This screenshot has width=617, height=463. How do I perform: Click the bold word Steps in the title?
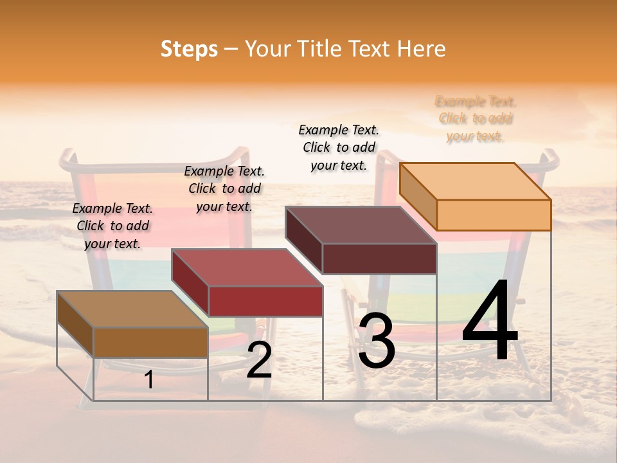tap(189, 49)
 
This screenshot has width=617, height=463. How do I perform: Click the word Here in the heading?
tap(422, 49)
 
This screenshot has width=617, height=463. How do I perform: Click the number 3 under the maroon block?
tap(376, 342)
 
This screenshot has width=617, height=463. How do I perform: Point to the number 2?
tap(259, 361)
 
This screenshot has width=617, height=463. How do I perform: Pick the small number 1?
tap(149, 380)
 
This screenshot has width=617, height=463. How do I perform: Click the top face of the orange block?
tap(475, 181)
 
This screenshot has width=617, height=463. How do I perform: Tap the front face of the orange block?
tap(494, 215)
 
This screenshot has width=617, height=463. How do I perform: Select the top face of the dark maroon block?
tap(361, 224)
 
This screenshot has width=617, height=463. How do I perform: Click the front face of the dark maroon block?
tap(379, 259)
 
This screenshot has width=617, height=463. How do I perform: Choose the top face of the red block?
tap(247, 267)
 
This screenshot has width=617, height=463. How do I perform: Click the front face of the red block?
tap(265, 301)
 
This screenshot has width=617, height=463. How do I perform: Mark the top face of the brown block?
tap(132, 309)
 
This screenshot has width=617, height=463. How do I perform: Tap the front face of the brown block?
tap(151, 342)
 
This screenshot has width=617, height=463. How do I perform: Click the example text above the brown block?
tap(112, 226)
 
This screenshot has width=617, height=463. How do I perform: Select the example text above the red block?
tap(224, 188)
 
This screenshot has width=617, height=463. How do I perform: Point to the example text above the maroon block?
tap(339, 147)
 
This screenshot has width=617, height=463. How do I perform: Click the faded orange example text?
tap(476, 118)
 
